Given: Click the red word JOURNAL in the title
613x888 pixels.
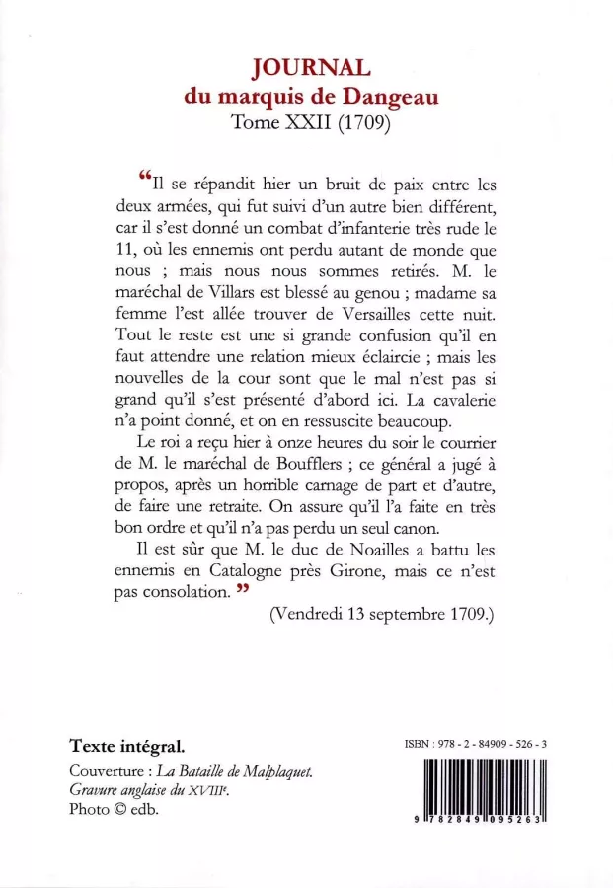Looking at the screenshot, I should [311, 67].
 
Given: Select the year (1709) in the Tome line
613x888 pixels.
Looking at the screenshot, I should [364, 125].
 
